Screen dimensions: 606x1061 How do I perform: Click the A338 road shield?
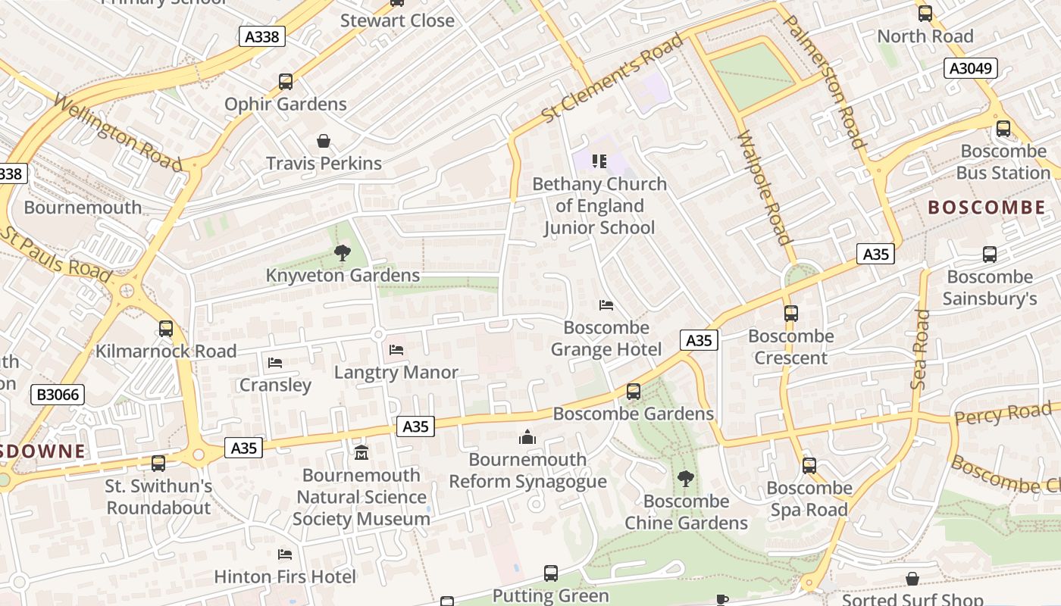click(x=262, y=36)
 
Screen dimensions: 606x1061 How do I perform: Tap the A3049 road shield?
click(x=971, y=68)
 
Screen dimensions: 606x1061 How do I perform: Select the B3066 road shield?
click(x=58, y=395)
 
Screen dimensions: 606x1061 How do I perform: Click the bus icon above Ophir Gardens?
click(x=286, y=81)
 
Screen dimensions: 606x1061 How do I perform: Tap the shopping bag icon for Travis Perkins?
click(x=324, y=141)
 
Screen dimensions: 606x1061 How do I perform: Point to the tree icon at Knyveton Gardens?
click(x=343, y=253)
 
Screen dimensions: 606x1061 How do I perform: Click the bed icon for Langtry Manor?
click(x=396, y=350)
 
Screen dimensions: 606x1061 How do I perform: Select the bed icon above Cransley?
click(x=275, y=363)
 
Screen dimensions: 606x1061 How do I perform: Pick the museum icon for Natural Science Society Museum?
click(x=361, y=453)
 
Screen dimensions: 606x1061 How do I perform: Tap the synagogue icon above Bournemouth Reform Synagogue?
click(x=527, y=437)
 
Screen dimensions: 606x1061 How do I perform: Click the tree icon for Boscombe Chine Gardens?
click(x=686, y=479)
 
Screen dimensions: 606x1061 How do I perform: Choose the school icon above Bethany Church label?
click(x=599, y=161)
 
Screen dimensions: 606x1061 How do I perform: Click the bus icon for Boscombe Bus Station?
click(x=1003, y=129)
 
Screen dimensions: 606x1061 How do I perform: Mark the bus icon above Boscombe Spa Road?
click(x=809, y=465)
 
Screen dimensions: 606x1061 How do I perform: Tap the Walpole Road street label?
click(x=764, y=188)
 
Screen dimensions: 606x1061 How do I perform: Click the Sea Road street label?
click(x=921, y=349)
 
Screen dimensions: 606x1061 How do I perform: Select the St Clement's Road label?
click(x=612, y=79)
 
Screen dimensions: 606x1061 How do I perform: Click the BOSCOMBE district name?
click(x=986, y=207)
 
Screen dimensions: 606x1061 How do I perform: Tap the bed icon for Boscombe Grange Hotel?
click(x=606, y=305)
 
